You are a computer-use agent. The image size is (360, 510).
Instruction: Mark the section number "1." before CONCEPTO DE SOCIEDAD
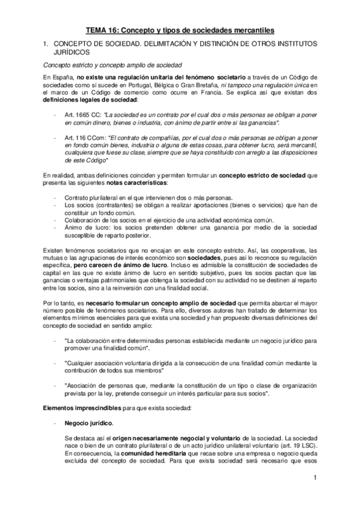pyautogui.click(x=45, y=44)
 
